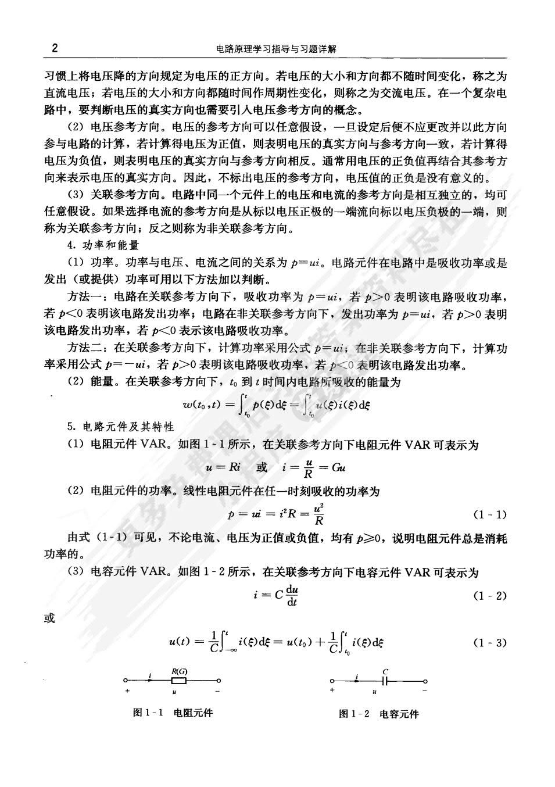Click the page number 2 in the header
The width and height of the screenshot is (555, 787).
pyautogui.click(x=54, y=48)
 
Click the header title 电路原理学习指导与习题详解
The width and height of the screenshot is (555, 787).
pyautogui.click(x=276, y=49)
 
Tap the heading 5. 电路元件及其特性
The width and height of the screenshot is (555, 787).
pyautogui.click(x=120, y=427)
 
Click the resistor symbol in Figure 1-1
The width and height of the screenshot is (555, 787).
pyautogui.click(x=178, y=681)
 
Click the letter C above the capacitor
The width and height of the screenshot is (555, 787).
pyautogui.click(x=385, y=671)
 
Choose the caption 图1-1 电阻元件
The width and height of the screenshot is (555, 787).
pyautogui.click(x=173, y=713)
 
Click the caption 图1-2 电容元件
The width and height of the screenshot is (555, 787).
pyautogui.click(x=378, y=714)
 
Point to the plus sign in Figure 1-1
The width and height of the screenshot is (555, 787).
pyautogui.click(x=127, y=692)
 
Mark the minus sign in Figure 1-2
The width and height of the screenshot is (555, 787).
pyautogui.click(x=425, y=691)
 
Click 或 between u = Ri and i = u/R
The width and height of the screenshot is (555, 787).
pyautogui.click(x=262, y=467)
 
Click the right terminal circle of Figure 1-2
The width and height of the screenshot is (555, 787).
pyautogui.click(x=425, y=681)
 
